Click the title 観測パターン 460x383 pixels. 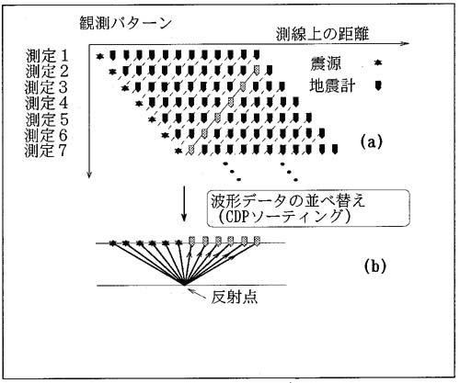click(x=125, y=24)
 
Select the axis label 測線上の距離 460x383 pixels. click(x=322, y=34)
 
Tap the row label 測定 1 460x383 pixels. click(x=46, y=56)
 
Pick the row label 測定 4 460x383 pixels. click(x=46, y=103)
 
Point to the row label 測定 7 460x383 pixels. click(x=46, y=151)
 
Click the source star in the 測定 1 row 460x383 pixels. click(x=99, y=56)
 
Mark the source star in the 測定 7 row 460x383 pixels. click(x=178, y=151)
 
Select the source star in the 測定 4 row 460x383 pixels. click(x=139, y=103)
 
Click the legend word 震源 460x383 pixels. click(x=325, y=64)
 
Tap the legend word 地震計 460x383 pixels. click(x=332, y=85)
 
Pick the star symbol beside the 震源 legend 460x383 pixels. click(x=378, y=62)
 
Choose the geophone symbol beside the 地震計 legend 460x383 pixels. click(x=378, y=85)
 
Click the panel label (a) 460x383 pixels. click(x=372, y=142)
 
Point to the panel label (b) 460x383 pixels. click(x=374, y=266)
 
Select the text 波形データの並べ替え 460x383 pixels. click(x=288, y=202)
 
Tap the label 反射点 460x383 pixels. click(x=235, y=297)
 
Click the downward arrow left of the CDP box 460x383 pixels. click(x=184, y=203)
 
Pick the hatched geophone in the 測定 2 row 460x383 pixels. click(x=257, y=70)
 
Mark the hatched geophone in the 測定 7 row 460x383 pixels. click(x=191, y=150)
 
